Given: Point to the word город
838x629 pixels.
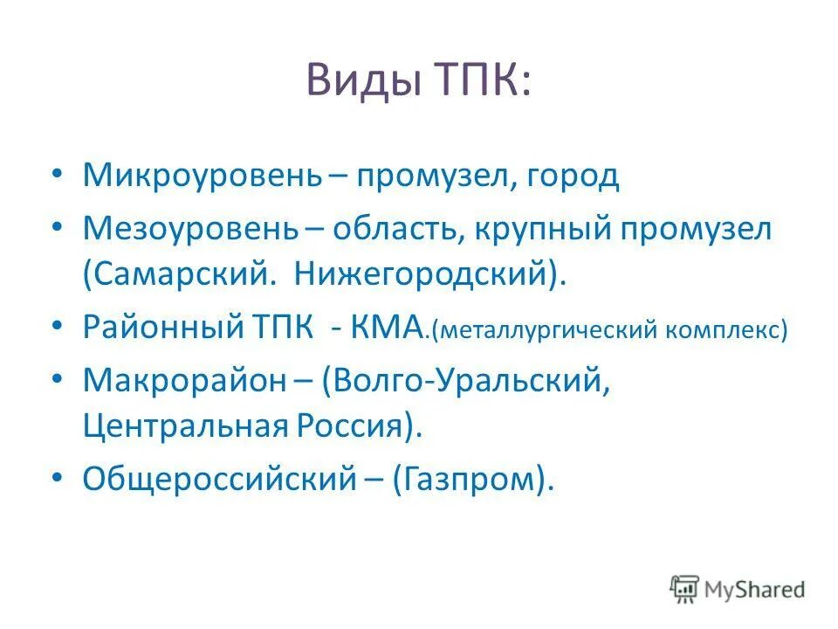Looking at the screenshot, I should coord(573,176).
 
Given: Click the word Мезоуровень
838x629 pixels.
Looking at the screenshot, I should coord(191,229).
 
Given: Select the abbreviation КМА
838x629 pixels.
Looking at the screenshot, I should coord(388,329).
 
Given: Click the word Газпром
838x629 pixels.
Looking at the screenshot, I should coord(472,480).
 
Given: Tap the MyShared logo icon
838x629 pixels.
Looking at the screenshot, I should coord(685,589).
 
